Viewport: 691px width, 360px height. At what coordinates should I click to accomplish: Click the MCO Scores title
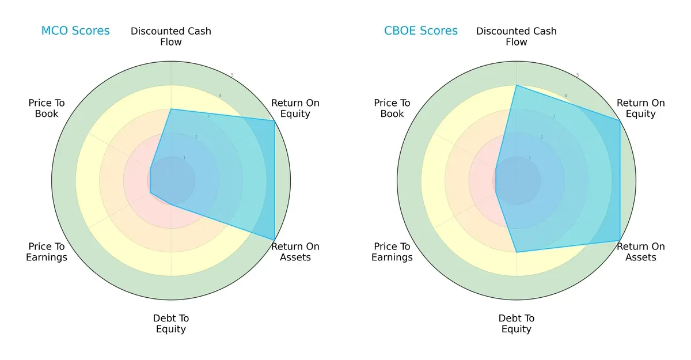click(x=75, y=31)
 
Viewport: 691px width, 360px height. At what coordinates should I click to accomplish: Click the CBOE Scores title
click(x=421, y=31)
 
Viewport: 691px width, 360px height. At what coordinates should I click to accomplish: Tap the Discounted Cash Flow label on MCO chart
click(x=171, y=36)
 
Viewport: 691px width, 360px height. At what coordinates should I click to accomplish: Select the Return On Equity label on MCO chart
click(x=295, y=108)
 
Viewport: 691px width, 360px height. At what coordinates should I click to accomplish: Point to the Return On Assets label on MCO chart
click(x=295, y=252)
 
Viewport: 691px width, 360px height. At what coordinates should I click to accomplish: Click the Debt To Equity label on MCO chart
click(x=171, y=324)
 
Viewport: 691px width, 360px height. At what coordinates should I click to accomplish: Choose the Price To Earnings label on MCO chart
click(x=47, y=252)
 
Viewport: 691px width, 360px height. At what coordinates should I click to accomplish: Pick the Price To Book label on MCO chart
click(x=47, y=108)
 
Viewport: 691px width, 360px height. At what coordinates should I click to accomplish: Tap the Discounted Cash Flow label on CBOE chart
click(x=517, y=36)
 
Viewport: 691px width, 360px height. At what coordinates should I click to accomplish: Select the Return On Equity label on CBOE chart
click(x=640, y=108)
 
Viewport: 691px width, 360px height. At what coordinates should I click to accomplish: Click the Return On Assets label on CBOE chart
click(x=640, y=252)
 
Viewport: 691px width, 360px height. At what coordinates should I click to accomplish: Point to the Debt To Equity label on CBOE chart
click(x=517, y=324)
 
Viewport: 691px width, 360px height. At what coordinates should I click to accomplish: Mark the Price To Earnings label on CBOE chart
click(x=392, y=252)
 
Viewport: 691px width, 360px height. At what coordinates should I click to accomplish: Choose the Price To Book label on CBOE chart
click(x=392, y=108)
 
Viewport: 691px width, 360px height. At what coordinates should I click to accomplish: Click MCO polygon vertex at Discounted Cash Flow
click(x=171, y=109)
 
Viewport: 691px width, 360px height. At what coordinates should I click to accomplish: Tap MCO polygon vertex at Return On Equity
click(x=274, y=121)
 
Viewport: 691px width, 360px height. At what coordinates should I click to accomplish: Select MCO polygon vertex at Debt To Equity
click(x=171, y=204)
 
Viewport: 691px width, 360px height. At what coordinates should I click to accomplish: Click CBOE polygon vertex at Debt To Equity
click(x=517, y=252)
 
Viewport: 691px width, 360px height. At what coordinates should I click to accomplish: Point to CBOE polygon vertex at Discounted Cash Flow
click(x=517, y=85)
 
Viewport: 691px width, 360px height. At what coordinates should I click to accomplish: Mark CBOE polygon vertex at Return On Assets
click(x=620, y=240)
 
